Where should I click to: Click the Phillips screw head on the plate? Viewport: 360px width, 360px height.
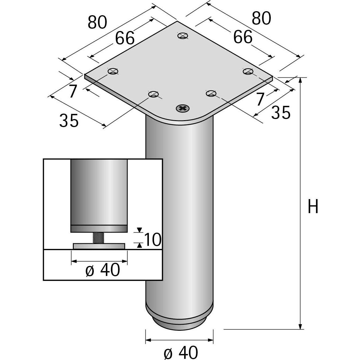182,108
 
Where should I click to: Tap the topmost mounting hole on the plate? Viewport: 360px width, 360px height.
183,36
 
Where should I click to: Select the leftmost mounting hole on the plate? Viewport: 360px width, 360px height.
113,71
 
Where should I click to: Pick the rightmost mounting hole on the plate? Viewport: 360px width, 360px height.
248,71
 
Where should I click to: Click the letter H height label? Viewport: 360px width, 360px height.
313,206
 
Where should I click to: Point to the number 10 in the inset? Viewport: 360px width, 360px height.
152,239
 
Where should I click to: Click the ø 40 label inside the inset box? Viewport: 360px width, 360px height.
103,270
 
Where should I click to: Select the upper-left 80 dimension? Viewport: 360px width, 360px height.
97,22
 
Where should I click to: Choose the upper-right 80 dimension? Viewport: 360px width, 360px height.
261,18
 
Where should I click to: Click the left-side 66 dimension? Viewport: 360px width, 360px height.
125,38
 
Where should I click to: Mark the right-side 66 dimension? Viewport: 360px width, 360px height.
243,37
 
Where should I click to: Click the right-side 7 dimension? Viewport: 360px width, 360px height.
260,99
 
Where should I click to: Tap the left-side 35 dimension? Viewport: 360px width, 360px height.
69,120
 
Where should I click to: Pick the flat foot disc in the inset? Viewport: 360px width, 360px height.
99,246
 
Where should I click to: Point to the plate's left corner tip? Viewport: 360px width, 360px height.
84,75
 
